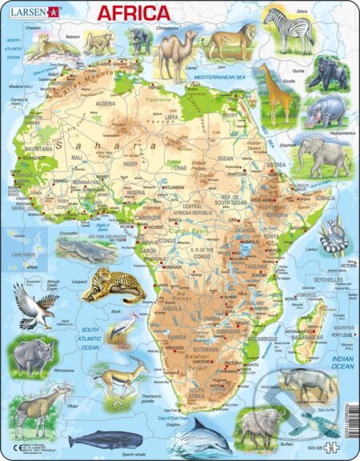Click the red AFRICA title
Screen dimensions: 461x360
[x=134, y=14]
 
